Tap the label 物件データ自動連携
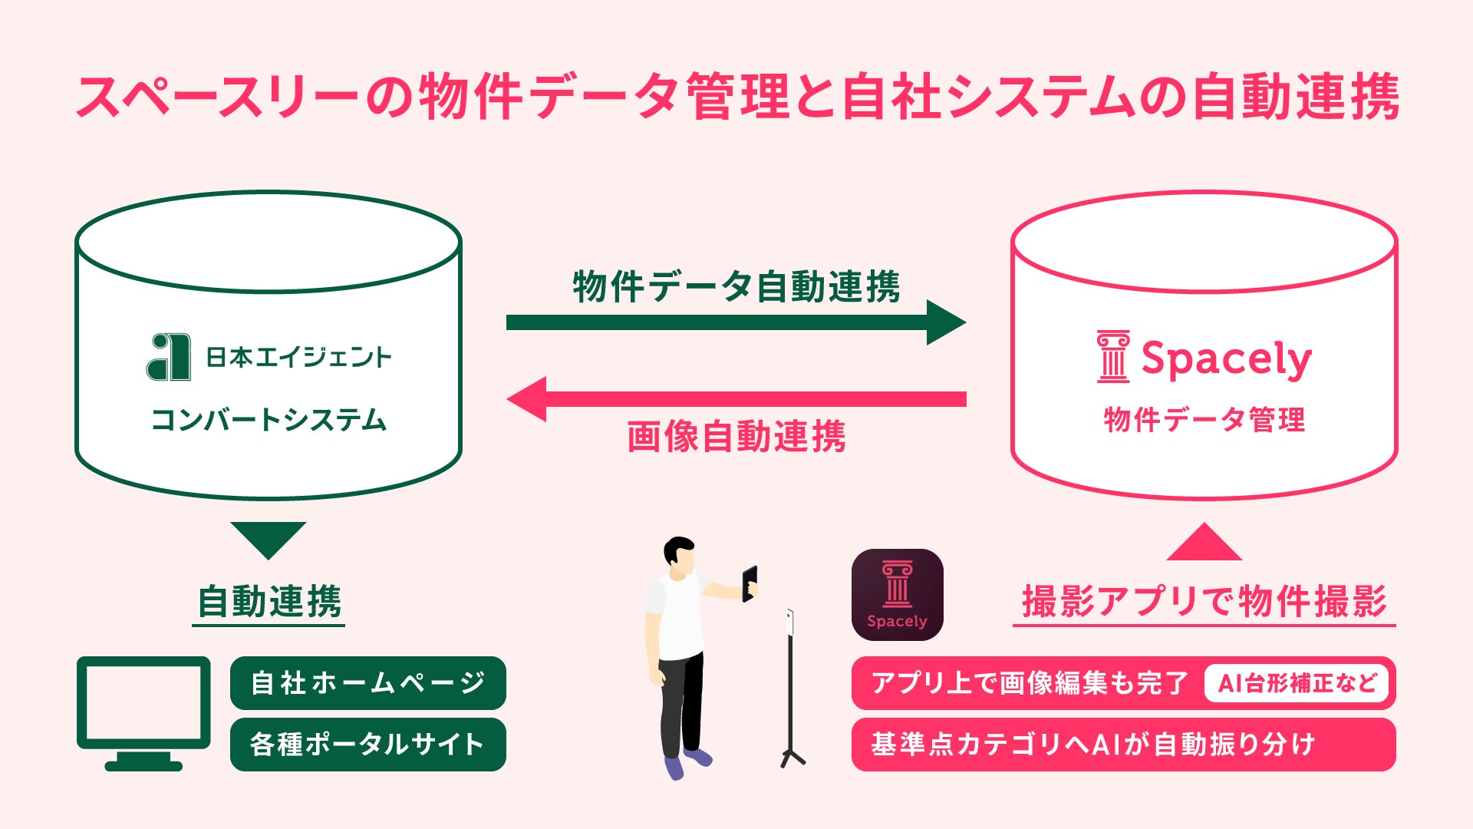tap(736, 286)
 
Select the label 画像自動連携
tap(736, 437)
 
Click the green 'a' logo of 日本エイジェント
tap(169, 357)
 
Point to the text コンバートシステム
tap(269, 420)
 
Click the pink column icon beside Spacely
tap(1112, 357)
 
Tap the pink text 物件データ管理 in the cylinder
tap(1204, 420)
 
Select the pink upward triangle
tap(1204, 543)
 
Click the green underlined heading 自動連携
tap(269, 601)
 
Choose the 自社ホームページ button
tap(367, 682)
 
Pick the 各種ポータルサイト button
tap(367, 744)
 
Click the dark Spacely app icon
tap(897, 595)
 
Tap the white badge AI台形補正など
tap(1297, 682)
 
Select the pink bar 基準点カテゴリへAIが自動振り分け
tap(1123, 744)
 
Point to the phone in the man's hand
tap(750, 583)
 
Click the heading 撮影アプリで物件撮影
tap(1204, 601)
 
